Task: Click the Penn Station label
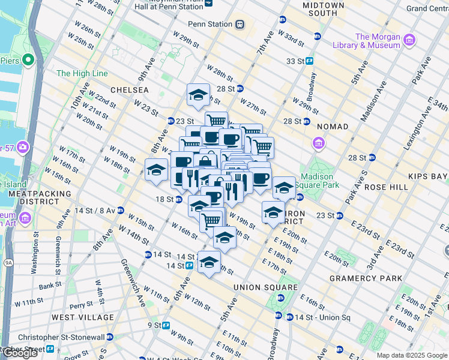click(x=210, y=24)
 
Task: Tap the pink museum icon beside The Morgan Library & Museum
click(x=410, y=40)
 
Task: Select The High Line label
click(x=82, y=73)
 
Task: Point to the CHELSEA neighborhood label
click(x=128, y=89)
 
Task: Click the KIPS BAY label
click(x=428, y=176)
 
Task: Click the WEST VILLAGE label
click(x=83, y=317)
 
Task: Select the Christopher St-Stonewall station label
click(x=53, y=338)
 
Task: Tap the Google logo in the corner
click(x=20, y=353)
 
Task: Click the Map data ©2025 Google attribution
click(x=411, y=355)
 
